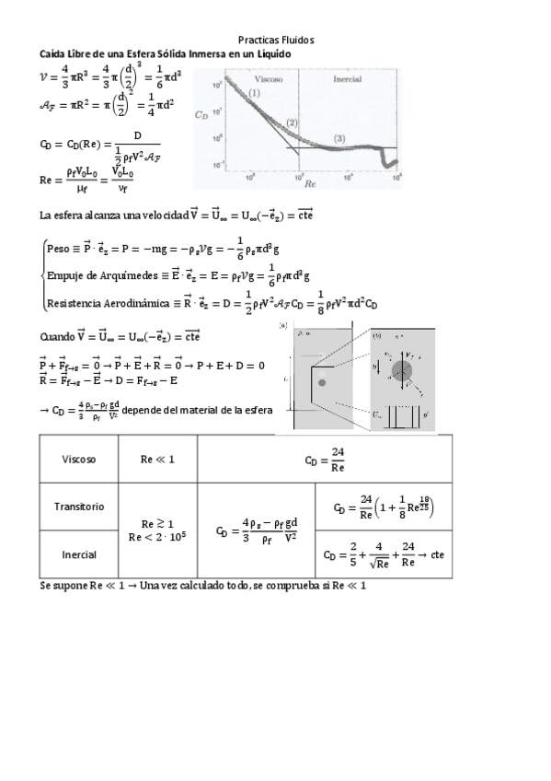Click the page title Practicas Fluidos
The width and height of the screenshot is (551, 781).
pos(276,41)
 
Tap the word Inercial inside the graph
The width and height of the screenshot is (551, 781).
pos(346,79)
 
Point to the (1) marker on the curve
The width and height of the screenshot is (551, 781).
pos(254,93)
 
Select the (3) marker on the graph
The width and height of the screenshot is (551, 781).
pos(339,138)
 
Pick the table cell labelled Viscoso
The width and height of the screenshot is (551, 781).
pos(79,459)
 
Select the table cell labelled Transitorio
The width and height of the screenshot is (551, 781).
pos(79,507)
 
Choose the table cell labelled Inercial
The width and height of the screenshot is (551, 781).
pos(79,554)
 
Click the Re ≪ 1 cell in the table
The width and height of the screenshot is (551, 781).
pos(152,459)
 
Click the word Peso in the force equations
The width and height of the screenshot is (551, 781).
pos(58,248)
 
